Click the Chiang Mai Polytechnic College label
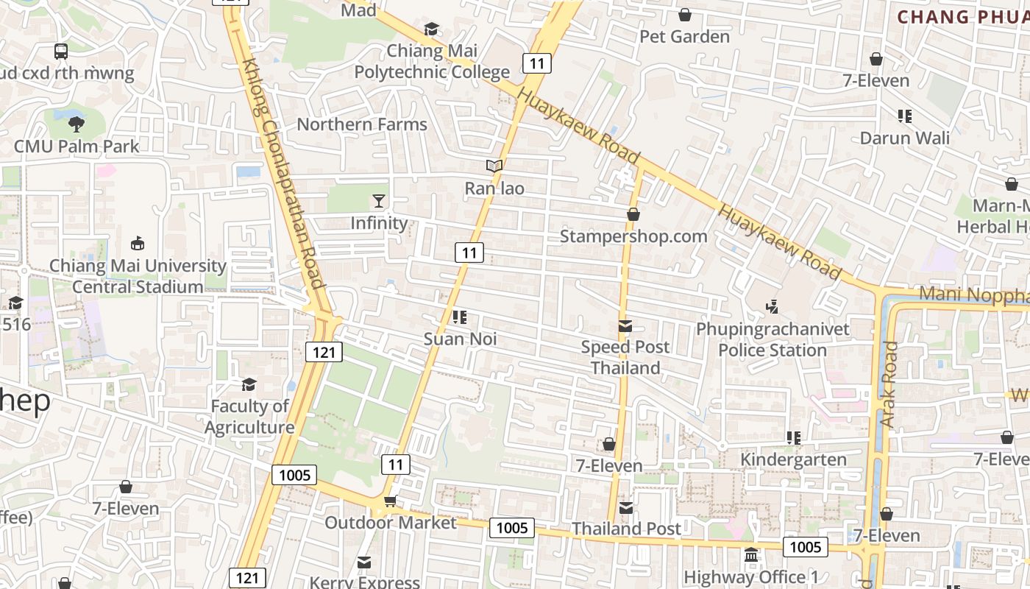coord(432,61)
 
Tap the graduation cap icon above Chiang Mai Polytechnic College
coord(432,29)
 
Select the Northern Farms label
coord(362,124)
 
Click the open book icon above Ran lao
coord(494,166)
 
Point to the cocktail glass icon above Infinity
coord(378,201)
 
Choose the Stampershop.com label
coord(633,236)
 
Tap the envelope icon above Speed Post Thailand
coord(625,326)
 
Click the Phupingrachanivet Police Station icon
coord(772,306)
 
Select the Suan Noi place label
coord(461,339)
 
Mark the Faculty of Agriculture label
coord(249,417)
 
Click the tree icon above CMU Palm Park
coord(76,124)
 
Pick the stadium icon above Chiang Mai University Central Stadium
coord(138,243)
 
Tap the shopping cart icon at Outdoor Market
coord(390,501)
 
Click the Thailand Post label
coord(627,529)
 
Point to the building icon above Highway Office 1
coord(751,555)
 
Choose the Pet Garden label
coord(685,37)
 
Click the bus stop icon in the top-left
coord(61,52)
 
